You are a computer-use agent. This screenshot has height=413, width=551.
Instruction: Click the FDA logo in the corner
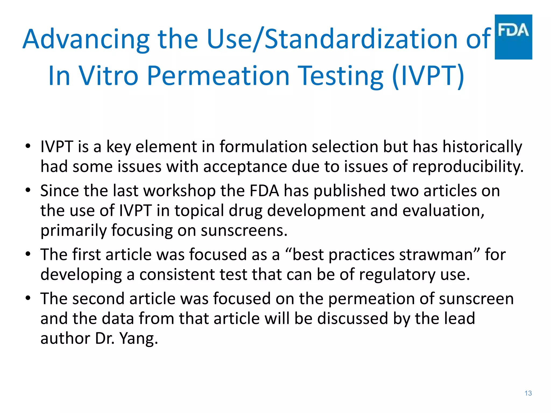pos(513,37)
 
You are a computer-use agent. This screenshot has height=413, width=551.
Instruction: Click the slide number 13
pos(528,393)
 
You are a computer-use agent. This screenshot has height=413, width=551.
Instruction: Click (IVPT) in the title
pos(428,76)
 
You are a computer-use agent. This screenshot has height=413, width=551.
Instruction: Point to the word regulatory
pos(397,275)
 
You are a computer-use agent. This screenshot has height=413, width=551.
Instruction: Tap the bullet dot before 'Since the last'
pos(28,191)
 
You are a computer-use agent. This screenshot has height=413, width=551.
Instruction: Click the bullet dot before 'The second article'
pos(28,298)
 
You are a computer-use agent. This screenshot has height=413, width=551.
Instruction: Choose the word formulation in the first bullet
pos(263,147)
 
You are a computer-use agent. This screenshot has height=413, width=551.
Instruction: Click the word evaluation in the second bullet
pos(443,211)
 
